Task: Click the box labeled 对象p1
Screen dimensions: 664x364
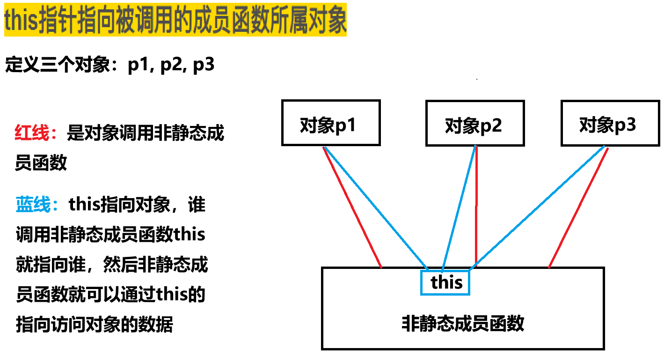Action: coord(330,123)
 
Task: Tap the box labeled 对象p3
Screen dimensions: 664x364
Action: coord(607,123)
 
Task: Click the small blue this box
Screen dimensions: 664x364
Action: coord(445,282)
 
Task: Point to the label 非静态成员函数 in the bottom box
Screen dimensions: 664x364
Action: coord(463,324)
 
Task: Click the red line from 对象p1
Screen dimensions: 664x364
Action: coord(352,206)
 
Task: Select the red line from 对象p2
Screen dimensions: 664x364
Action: coord(476,206)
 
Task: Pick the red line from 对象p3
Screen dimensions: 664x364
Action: coord(579,206)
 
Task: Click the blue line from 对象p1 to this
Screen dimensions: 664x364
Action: coord(374,206)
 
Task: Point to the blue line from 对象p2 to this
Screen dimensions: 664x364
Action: coord(459,206)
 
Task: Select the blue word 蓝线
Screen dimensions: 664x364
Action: coord(32,205)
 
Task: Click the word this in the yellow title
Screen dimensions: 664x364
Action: coord(21,22)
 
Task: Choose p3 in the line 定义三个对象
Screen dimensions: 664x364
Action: coord(204,65)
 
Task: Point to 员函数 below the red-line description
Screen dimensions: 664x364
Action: coord(41,163)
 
